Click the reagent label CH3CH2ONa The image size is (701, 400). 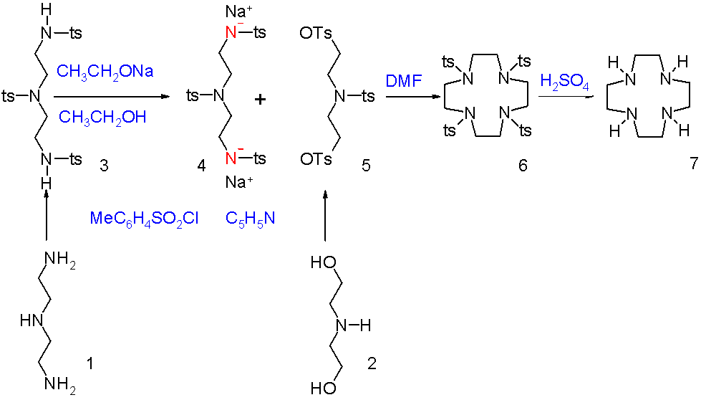pos(105,72)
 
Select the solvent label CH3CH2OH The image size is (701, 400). pos(102,118)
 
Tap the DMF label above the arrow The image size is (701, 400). pos(404,82)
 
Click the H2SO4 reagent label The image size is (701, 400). pos(565,82)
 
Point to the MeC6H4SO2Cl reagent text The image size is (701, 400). pos(144,219)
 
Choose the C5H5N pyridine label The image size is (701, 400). pos(250,219)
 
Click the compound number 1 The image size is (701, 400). pos(90,363)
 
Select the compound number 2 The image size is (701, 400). pos(372,363)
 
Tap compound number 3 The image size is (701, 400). pos(104,166)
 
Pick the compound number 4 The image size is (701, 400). pos(202,166)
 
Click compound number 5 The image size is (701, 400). pos(366,166)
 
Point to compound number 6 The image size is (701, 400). pos(523,166)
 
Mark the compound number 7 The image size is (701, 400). pos(693,163)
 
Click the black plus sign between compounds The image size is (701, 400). pos(260,99)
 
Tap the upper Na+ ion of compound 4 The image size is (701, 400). pos(239,12)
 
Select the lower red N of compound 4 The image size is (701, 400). pos(231,158)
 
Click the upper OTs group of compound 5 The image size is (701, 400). pos(316,33)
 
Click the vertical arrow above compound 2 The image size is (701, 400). pos(326,216)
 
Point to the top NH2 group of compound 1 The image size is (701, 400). pos(60,260)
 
